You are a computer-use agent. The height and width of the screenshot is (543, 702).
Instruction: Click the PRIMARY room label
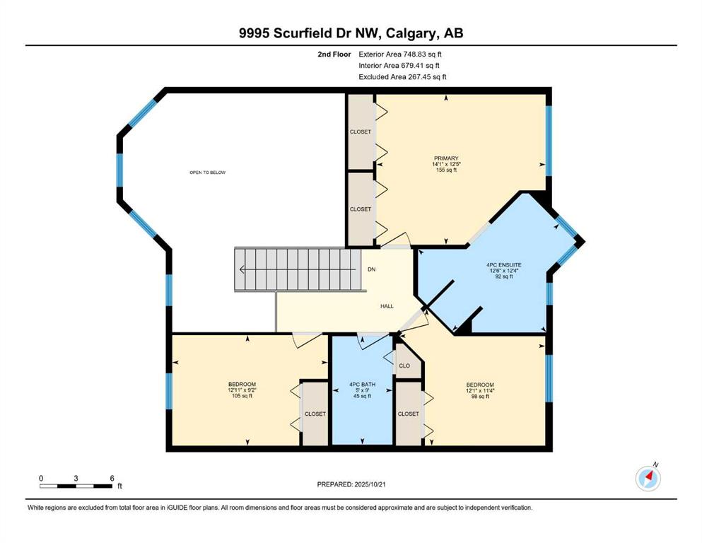[x=446, y=158]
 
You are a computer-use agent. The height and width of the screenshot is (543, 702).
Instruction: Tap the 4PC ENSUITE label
[x=489, y=264]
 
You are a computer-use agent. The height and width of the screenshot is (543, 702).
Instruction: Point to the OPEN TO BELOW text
[x=207, y=173]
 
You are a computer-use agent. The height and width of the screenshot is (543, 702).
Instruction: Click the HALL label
[x=387, y=306]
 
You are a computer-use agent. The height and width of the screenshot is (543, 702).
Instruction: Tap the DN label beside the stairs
[x=372, y=269]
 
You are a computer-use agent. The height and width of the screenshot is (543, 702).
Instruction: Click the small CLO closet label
[x=404, y=366]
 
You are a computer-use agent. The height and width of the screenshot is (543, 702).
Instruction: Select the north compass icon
[x=648, y=478]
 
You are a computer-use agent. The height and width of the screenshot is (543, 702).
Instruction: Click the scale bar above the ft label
[x=76, y=486]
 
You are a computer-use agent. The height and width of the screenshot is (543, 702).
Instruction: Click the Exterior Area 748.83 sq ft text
[x=401, y=54]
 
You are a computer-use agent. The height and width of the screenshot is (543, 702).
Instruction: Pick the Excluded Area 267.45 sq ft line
[x=402, y=77]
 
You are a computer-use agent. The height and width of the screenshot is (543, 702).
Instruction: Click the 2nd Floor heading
[x=334, y=54]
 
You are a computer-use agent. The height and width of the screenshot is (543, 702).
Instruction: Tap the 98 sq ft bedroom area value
[x=479, y=397]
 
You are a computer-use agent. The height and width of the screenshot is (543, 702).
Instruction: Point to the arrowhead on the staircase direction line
[x=242, y=269]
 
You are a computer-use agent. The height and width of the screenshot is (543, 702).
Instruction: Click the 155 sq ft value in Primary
[x=446, y=170]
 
